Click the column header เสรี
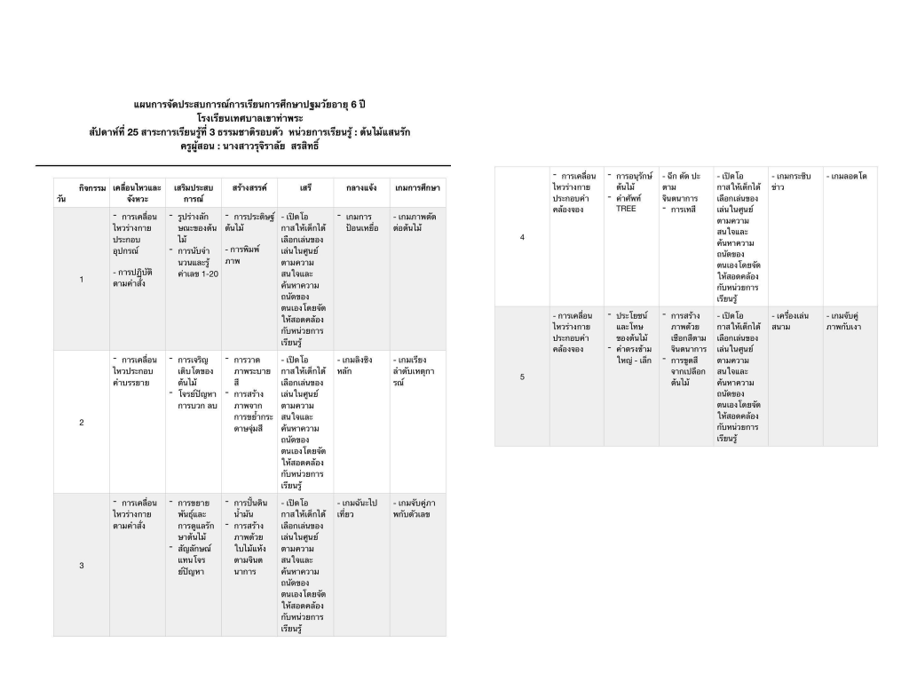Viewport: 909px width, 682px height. pos(305,188)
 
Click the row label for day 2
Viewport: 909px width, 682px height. pos(81,422)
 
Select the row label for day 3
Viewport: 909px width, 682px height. pos(81,566)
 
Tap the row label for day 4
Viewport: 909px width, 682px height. pos(521,237)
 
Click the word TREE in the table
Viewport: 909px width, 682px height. pos(626,209)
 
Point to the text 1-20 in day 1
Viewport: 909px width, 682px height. pos(198,273)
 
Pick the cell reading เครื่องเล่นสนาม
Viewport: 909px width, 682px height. pos(791,321)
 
